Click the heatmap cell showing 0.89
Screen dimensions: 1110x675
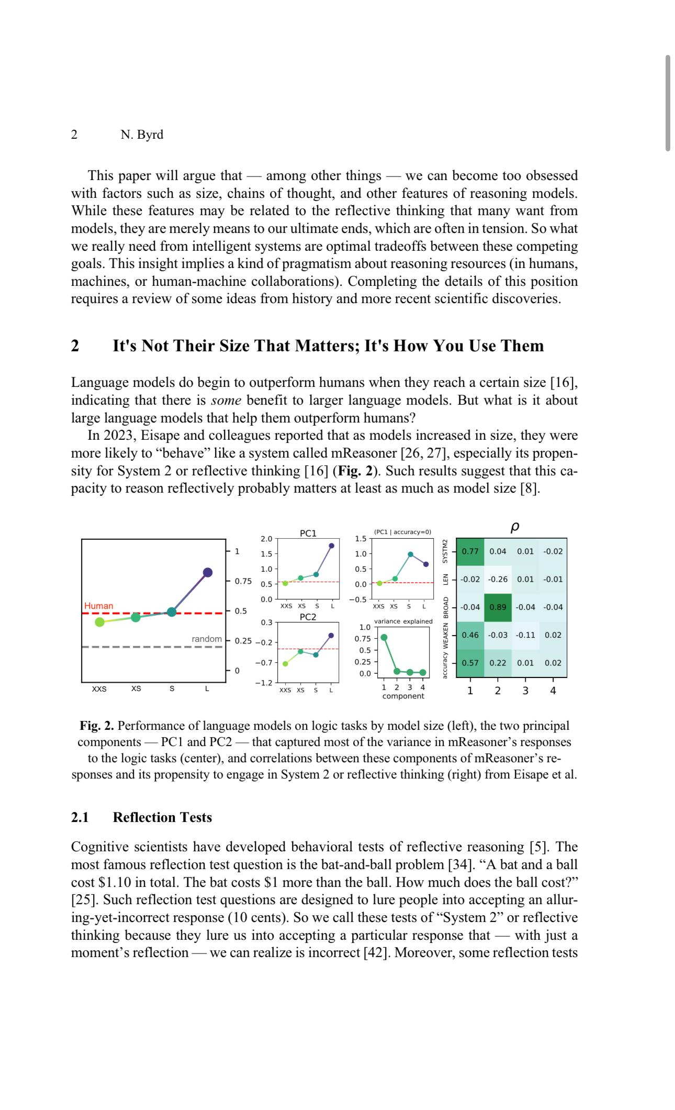tap(498, 607)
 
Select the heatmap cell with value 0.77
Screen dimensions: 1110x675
tap(470, 551)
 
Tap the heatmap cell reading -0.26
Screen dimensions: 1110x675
tap(498, 579)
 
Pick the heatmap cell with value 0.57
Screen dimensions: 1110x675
tap(470, 662)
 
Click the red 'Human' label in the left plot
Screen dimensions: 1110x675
tap(99, 606)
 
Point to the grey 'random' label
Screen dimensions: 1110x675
tap(207, 639)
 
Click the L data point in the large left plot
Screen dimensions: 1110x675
tap(208, 572)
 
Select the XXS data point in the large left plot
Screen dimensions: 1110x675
tap(99, 622)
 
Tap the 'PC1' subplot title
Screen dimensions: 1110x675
tap(308, 533)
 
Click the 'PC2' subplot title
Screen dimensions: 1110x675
tap(308, 617)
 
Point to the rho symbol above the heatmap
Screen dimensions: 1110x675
tap(514, 528)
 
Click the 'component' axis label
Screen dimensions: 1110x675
tap(403, 696)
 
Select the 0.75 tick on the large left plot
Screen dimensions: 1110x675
tap(243, 581)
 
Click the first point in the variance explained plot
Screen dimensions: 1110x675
tap(384, 637)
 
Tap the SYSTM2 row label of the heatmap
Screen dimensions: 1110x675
tap(446, 551)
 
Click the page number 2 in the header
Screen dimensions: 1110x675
tap(74, 135)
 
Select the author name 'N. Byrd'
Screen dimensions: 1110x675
tap(142, 135)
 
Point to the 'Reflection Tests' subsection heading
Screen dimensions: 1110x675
tap(162, 817)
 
